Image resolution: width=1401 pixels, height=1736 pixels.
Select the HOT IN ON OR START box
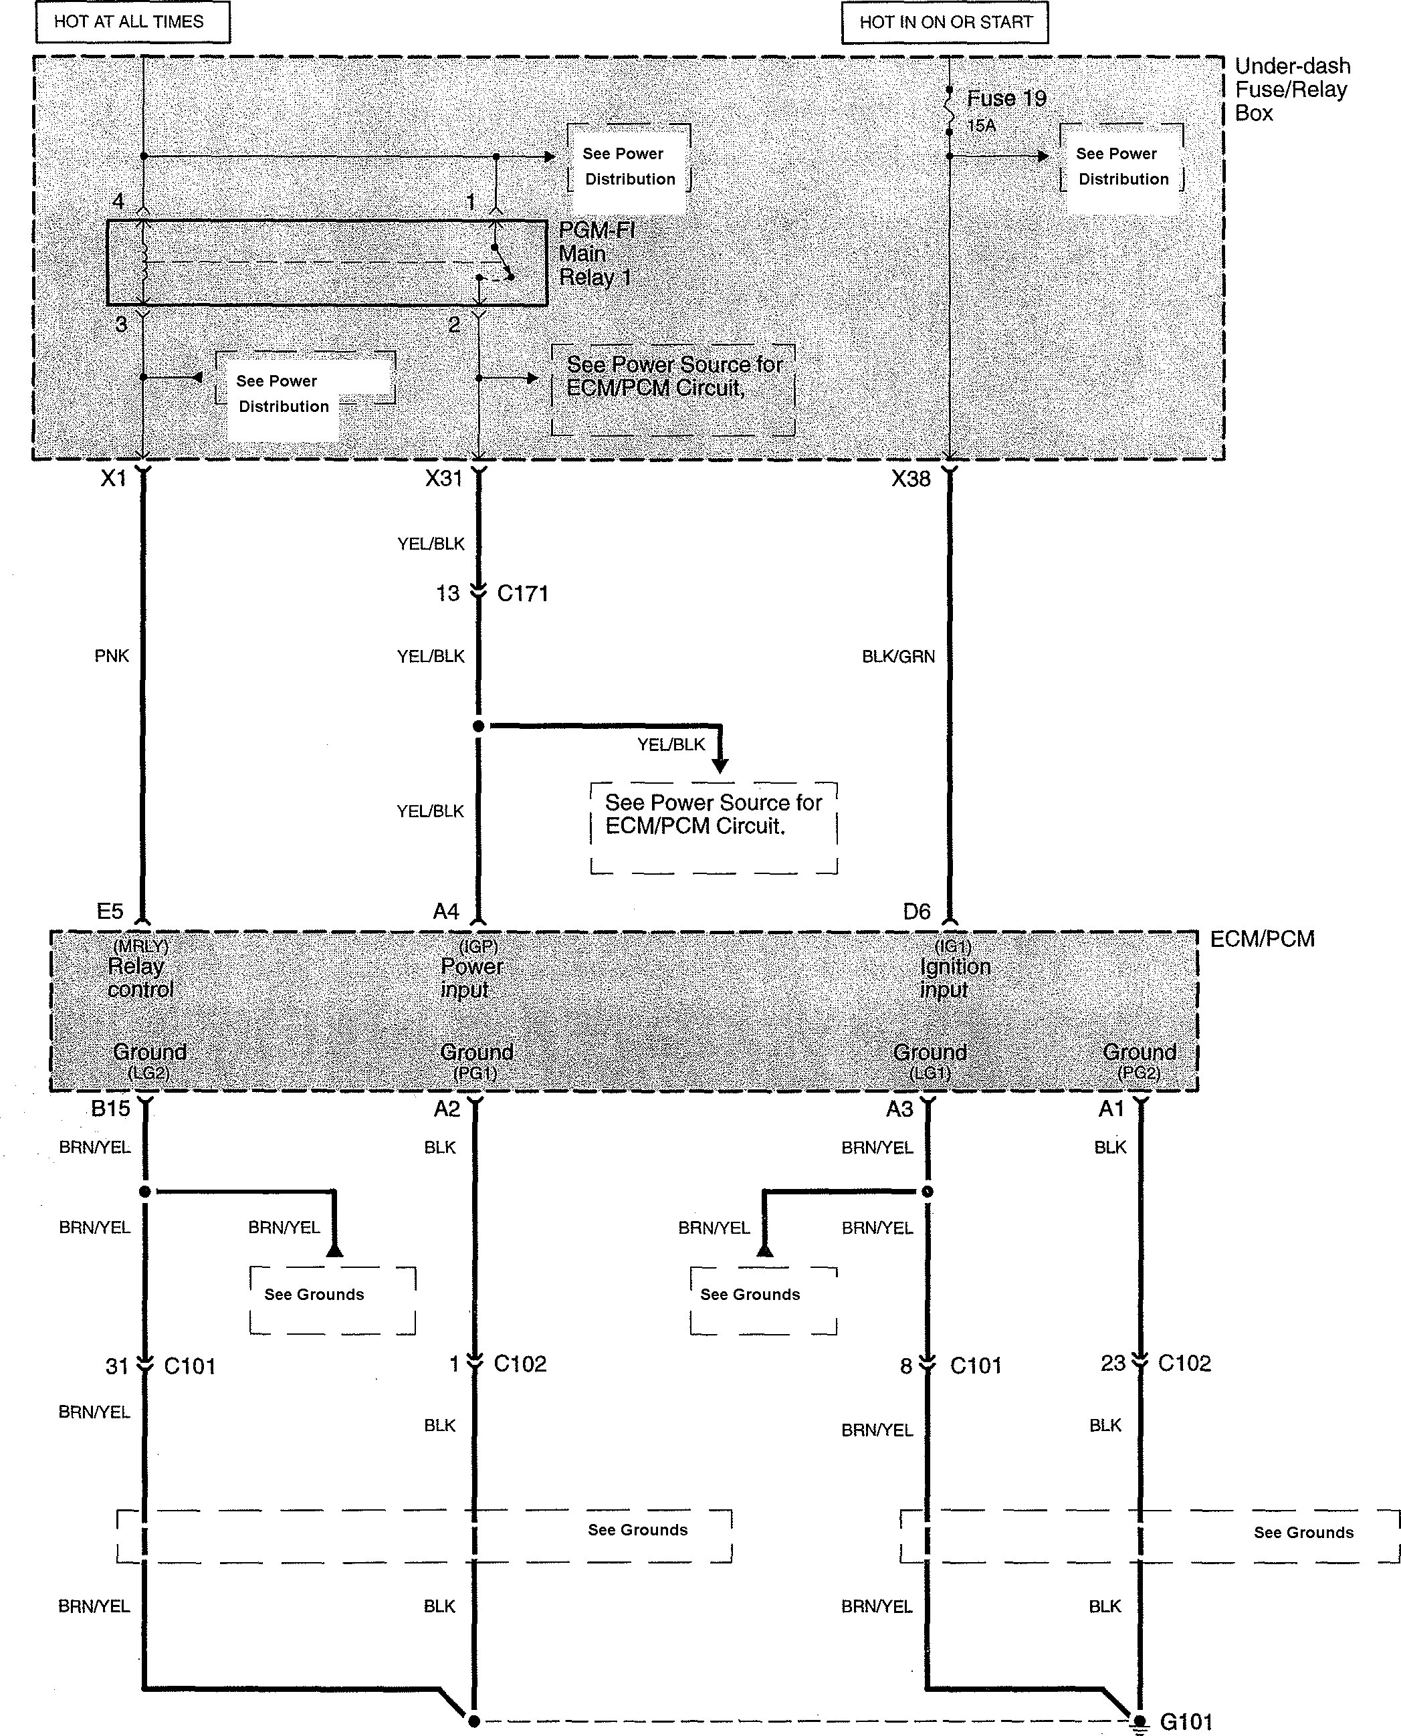point(945,23)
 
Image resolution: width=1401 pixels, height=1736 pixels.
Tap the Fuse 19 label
point(1006,98)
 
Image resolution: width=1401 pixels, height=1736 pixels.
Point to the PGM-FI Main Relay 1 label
point(596,254)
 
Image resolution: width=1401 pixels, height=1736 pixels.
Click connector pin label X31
point(444,479)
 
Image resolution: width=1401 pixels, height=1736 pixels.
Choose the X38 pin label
point(911,479)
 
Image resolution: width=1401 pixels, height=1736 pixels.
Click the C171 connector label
point(522,594)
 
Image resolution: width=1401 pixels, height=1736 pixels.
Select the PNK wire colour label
point(112,656)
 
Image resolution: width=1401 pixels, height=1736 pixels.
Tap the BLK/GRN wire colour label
point(898,657)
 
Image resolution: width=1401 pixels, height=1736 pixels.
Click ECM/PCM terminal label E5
point(110,911)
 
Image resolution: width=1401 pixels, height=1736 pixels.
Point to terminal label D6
point(917,912)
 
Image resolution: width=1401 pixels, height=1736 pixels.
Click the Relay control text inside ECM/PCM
point(140,978)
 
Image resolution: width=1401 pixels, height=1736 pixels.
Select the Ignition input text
point(955,978)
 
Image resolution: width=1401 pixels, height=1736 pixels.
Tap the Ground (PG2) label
point(1139,1061)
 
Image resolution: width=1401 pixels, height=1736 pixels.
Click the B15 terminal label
point(110,1108)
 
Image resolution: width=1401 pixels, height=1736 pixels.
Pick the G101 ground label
point(1186,1721)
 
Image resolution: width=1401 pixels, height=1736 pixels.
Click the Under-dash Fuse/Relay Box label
point(1291,90)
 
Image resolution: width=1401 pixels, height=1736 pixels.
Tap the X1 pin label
point(114,479)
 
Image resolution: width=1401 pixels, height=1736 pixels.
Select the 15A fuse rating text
point(981,126)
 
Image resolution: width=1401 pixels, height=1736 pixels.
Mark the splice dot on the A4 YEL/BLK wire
point(479,726)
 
